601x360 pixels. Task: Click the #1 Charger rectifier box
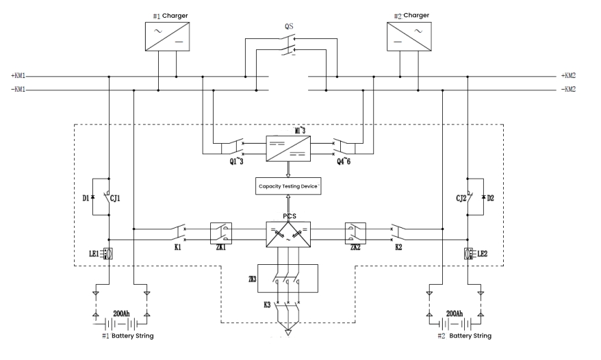167,36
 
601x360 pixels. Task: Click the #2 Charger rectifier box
409,36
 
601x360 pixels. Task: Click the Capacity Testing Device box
287,185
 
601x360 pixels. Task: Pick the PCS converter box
287,235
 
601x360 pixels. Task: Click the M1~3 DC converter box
287,148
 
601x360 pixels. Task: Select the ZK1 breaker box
221,233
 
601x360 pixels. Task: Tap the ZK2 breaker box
355,233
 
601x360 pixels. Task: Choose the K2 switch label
398,248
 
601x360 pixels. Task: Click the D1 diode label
85,198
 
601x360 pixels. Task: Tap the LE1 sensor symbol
108,254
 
